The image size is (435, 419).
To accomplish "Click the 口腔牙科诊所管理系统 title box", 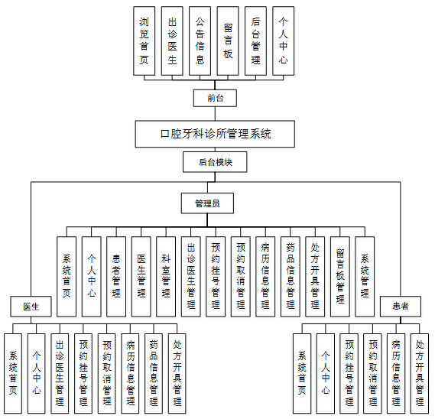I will click(x=216, y=134).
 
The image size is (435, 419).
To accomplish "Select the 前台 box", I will click(x=216, y=98).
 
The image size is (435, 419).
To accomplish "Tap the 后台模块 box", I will click(x=216, y=162).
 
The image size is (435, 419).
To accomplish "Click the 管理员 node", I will click(x=207, y=203).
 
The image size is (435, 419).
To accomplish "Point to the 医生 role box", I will click(x=31, y=307).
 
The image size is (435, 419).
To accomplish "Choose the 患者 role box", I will click(x=401, y=307).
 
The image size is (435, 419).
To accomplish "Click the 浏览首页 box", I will click(x=144, y=41).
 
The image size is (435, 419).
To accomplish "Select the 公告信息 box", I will click(x=200, y=41).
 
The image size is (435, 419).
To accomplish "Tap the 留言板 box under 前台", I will click(x=228, y=41).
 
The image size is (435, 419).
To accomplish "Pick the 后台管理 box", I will click(x=255, y=41).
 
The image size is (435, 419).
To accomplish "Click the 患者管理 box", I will click(x=116, y=275).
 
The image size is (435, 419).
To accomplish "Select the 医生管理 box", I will click(x=141, y=275).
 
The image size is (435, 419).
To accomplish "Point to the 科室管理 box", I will click(x=166, y=275).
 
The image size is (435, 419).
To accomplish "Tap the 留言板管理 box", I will click(x=340, y=275).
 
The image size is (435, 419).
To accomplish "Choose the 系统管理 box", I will click(x=365, y=275).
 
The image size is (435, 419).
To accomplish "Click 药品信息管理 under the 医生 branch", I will click(x=154, y=372).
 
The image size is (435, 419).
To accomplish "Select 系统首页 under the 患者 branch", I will click(x=302, y=372).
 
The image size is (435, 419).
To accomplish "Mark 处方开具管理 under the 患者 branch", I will click(x=419, y=372).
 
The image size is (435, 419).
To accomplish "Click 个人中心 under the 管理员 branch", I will click(x=91, y=275).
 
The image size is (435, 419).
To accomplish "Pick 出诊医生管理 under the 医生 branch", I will click(x=60, y=372).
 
